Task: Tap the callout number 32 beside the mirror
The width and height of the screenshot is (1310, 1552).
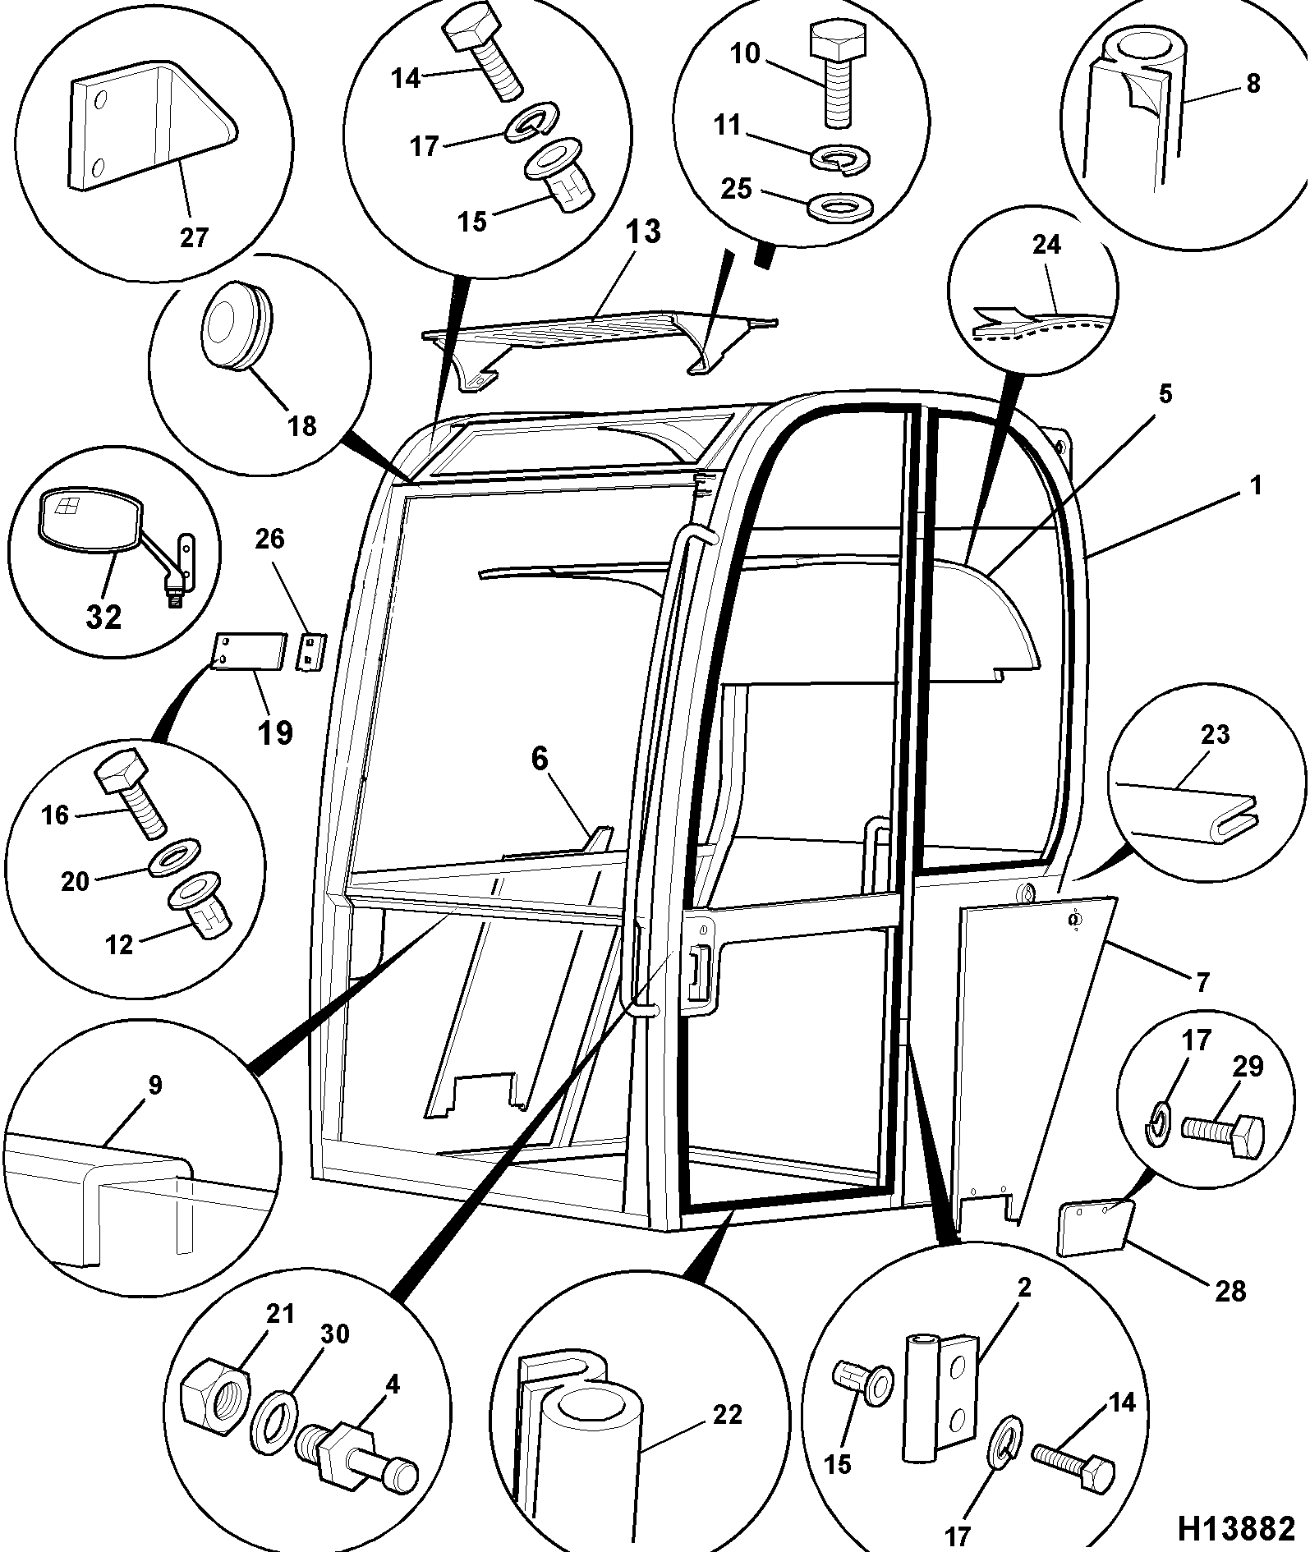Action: click(x=103, y=616)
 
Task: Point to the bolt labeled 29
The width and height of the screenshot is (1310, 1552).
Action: click(x=1223, y=1136)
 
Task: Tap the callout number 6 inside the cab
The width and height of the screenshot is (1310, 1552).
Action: click(x=539, y=759)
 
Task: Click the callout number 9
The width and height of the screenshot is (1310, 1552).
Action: click(x=156, y=1085)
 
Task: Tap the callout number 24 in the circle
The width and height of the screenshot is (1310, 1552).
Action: click(x=1046, y=245)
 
